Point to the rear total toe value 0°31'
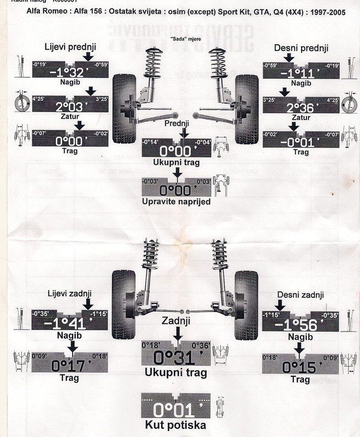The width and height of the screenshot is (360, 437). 174,357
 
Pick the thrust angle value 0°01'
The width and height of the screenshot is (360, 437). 174,410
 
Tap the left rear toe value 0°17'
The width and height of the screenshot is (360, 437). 70,364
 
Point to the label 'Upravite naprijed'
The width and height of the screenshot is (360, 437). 175,202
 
